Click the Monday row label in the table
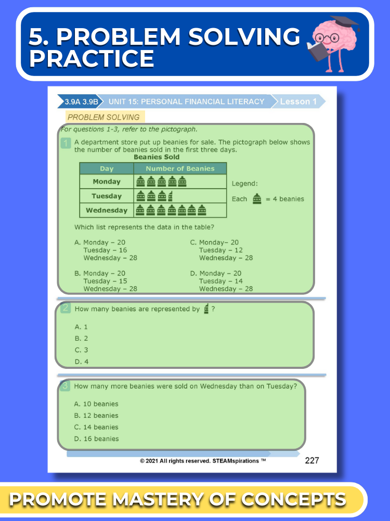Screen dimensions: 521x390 coord(107,181)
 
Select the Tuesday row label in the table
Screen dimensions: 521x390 coord(107,196)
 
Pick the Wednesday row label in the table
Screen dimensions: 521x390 coord(107,210)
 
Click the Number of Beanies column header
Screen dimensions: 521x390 coord(180,168)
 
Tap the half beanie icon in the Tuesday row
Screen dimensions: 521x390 coord(171,196)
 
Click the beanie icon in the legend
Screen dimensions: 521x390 coord(256,199)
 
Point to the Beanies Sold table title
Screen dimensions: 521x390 coord(157,157)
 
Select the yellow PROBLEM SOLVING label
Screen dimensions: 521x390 coord(104,117)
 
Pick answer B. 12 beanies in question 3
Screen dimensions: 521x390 coord(96,415)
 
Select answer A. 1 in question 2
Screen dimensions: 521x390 coord(82,327)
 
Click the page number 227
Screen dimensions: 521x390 coord(312,460)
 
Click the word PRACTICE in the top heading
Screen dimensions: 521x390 coord(92,58)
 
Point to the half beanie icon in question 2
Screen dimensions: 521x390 coord(206,308)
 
